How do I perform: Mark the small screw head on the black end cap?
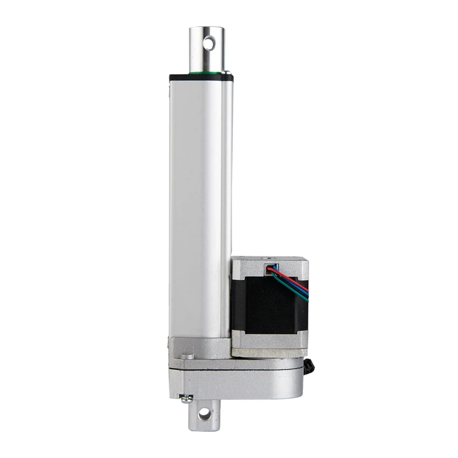coord(227,73)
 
